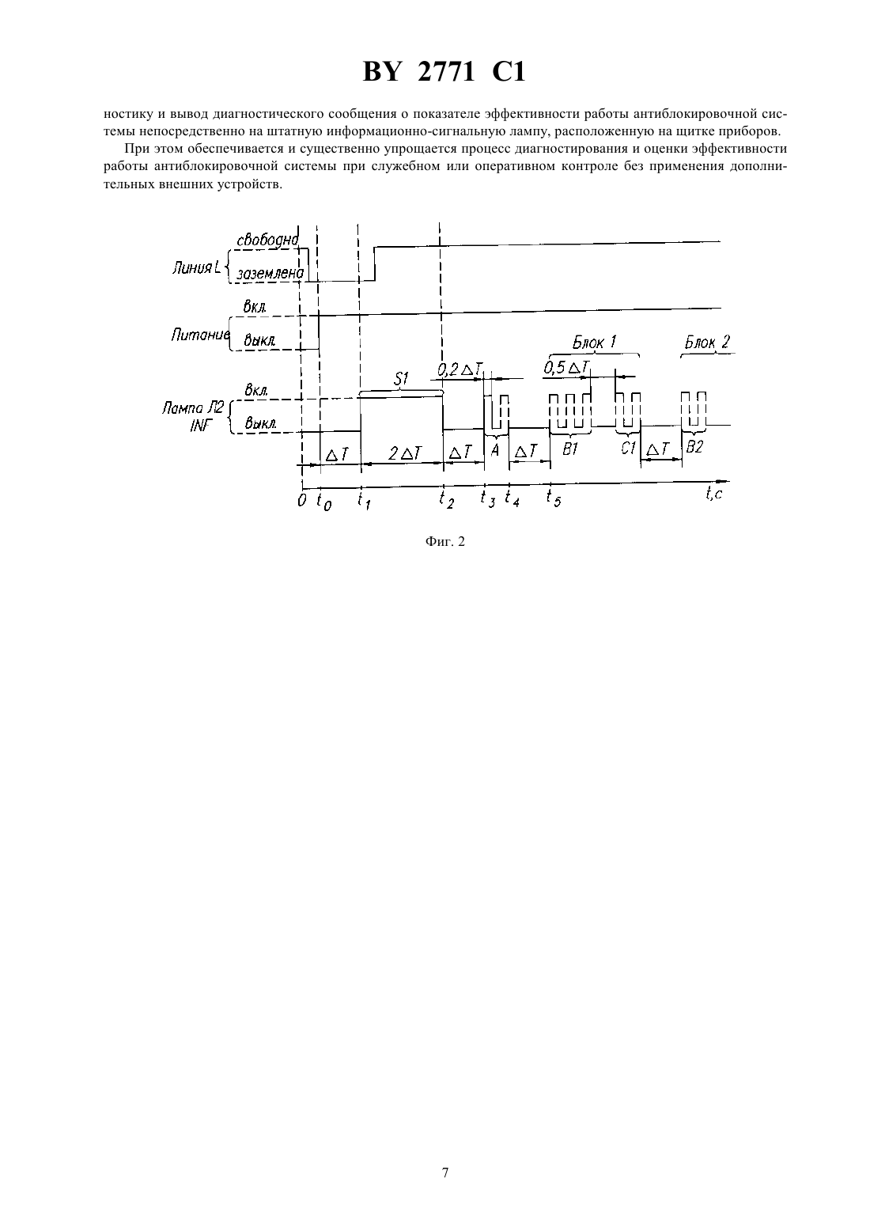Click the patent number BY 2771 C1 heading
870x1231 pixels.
(x=444, y=72)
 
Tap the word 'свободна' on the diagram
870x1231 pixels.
(x=267, y=241)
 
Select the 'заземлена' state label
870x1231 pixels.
(x=270, y=273)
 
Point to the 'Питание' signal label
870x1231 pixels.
(x=199, y=335)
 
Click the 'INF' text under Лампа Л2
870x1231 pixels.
(x=200, y=426)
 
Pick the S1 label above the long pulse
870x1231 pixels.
(x=402, y=379)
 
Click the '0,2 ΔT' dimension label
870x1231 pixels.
(x=460, y=369)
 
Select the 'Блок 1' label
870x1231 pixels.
(x=594, y=343)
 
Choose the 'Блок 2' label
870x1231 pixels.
(x=707, y=343)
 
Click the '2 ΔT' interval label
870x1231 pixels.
(x=405, y=453)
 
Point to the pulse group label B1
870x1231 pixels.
(x=570, y=449)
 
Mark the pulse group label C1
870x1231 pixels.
(x=628, y=449)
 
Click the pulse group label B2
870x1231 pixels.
(x=694, y=447)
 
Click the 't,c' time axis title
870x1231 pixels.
(x=714, y=494)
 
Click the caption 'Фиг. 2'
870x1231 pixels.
(x=444, y=542)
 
